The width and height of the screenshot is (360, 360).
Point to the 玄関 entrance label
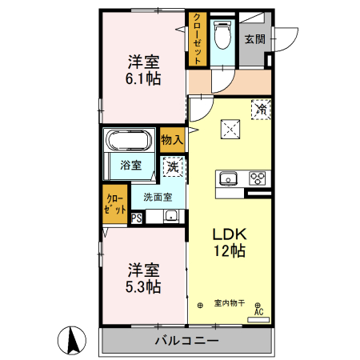[254, 38]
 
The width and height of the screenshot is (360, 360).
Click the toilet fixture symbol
[226, 35]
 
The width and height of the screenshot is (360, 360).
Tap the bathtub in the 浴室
[130, 142]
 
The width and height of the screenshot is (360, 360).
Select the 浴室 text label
[131, 166]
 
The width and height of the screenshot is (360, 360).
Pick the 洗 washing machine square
[172, 167]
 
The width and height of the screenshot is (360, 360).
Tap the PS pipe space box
[137, 216]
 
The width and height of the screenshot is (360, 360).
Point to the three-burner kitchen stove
[258, 178]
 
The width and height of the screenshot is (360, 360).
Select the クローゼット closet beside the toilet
[198, 38]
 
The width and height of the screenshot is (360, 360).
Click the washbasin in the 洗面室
[170, 215]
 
